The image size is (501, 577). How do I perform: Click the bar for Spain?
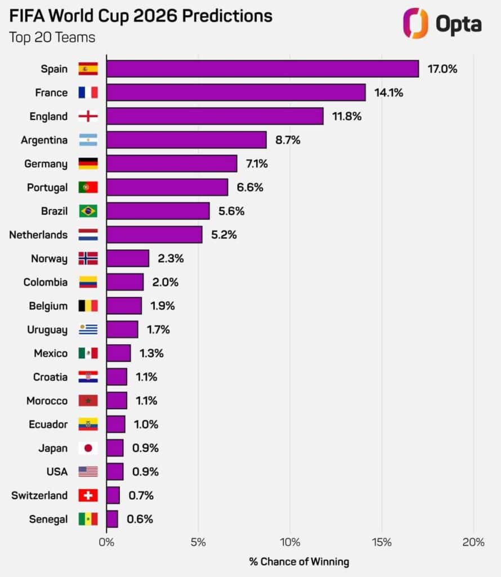click(x=262, y=69)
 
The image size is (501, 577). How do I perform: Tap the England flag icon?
click(x=88, y=117)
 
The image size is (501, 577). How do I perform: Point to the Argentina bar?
click(x=186, y=140)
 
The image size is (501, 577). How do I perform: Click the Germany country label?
click(x=46, y=164)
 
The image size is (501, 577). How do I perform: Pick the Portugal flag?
click(x=88, y=188)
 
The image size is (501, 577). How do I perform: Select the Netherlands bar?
click(x=154, y=235)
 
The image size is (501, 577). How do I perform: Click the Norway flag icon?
click(x=88, y=259)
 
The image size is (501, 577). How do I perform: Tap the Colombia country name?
click(x=45, y=282)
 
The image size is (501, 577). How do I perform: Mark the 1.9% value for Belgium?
click(x=163, y=306)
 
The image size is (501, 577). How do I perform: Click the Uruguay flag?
click(x=88, y=330)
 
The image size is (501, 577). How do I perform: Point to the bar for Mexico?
click(x=118, y=353)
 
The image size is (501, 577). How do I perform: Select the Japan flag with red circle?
click(x=88, y=449)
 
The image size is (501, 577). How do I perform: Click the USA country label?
click(x=56, y=472)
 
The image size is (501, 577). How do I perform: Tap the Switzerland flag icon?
click(x=88, y=496)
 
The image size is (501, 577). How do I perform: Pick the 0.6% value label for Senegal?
click(x=139, y=520)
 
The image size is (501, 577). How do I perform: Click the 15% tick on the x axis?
click(x=382, y=543)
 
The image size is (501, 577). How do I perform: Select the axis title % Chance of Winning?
click(x=299, y=562)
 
